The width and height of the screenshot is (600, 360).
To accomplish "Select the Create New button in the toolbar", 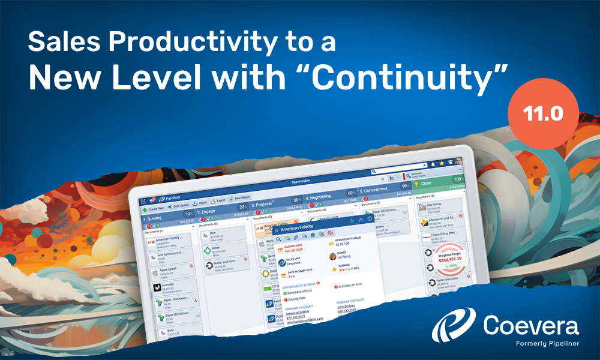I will (154, 206).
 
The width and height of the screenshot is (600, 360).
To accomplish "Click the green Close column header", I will (441, 183).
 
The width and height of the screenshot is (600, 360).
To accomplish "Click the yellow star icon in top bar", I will (442, 163).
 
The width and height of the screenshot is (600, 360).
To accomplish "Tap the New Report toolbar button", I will (240, 198).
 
